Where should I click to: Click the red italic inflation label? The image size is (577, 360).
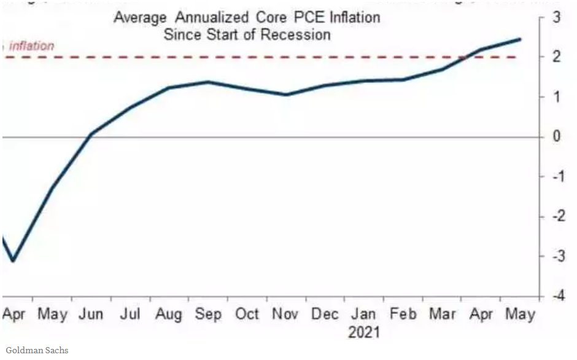(31, 46)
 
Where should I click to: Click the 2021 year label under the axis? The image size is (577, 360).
(364, 333)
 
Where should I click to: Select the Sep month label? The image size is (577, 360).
(208, 315)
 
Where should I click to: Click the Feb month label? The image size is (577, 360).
(403, 315)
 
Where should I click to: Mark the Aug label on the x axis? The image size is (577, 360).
(169, 315)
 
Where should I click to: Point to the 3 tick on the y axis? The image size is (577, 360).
(557, 17)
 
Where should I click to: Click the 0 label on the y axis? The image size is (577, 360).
(557, 136)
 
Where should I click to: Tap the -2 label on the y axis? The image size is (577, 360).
(554, 217)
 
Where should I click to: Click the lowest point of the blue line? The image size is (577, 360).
(13, 260)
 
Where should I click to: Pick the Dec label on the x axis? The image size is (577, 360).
(325, 315)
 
